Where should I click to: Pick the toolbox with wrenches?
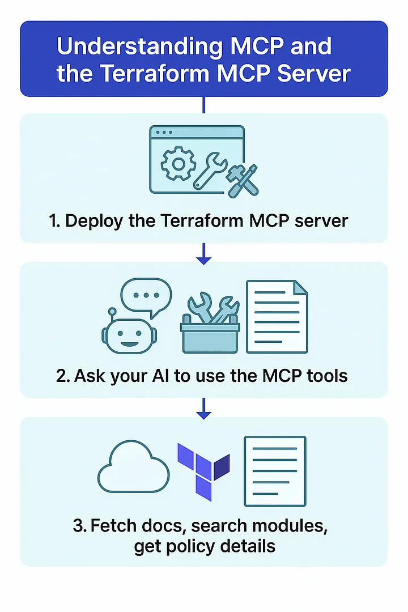tap(210, 324)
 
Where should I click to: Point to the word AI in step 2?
tap(169, 376)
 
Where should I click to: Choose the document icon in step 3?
tap(275, 471)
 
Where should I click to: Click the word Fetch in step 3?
tap(115, 525)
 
